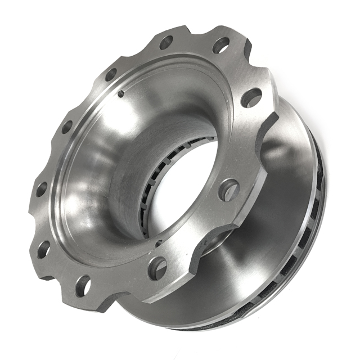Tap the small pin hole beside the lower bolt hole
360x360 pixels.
point(159,243)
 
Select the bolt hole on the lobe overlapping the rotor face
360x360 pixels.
point(228,190)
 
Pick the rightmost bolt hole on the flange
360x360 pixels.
point(251,97)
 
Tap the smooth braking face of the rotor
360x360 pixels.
point(281,186)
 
